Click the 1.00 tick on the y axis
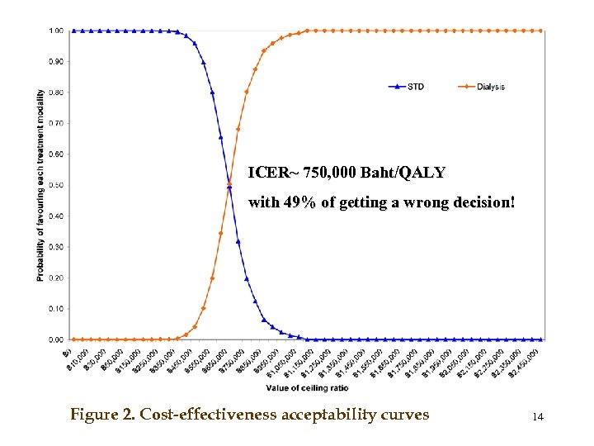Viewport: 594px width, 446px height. point(56,31)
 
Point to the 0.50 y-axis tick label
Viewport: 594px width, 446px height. point(56,185)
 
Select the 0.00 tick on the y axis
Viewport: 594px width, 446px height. point(56,339)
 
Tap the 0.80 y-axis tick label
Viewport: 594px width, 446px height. point(56,93)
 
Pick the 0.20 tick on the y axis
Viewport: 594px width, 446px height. point(56,278)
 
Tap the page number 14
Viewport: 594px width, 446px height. point(538,417)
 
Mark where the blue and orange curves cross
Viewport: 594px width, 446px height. point(229,185)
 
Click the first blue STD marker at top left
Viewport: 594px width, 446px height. point(73,31)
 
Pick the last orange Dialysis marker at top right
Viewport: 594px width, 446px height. point(541,31)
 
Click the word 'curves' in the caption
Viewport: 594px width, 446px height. point(405,415)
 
